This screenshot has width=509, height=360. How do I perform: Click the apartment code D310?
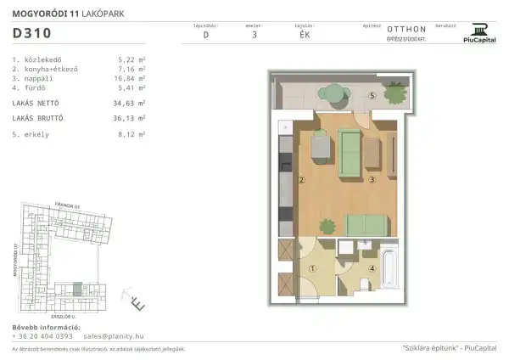coord(32,34)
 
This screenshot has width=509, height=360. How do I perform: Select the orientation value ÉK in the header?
coord(305,36)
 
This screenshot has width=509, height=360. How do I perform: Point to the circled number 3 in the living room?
coord(372,179)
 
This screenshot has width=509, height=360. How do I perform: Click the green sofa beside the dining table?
coord(347,153)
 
